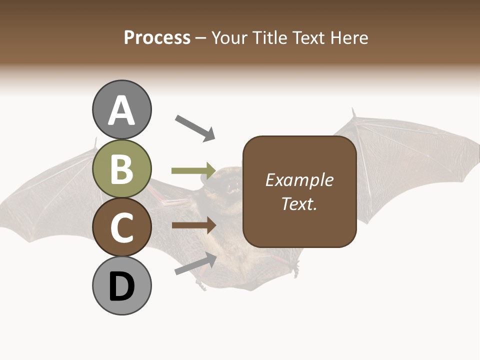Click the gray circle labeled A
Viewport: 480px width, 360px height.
click(x=121, y=109)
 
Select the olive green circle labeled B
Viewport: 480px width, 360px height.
click(x=121, y=169)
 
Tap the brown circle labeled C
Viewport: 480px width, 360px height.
click(x=121, y=227)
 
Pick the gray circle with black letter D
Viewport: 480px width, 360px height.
click(x=121, y=286)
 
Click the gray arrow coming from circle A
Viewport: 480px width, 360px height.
click(x=195, y=127)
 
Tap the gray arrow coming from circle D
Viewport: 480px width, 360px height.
click(x=195, y=263)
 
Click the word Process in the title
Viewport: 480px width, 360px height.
click(x=157, y=37)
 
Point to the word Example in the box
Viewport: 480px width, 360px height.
click(x=299, y=180)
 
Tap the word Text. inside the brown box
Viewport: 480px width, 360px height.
click(x=299, y=203)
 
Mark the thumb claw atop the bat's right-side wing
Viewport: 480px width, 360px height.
click(x=353, y=114)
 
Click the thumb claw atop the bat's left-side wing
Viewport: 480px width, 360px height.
click(x=95, y=144)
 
